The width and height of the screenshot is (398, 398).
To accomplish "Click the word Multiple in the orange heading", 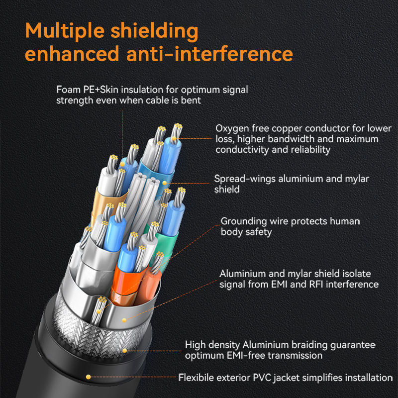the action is click(x=65, y=31).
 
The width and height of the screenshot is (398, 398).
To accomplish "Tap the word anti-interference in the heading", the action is click(x=209, y=54).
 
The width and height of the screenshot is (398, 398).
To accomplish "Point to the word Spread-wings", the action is click(x=245, y=179).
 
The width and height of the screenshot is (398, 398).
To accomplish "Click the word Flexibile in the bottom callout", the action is click(x=196, y=378).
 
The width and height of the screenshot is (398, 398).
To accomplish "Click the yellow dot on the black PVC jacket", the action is click(x=89, y=377).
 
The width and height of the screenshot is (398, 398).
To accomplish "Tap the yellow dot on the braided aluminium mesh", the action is click(x=125, y=351).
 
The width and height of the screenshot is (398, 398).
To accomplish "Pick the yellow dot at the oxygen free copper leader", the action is click(x=174, y=139).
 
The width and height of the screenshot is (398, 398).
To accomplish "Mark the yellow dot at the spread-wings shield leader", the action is click(x=165, y=183).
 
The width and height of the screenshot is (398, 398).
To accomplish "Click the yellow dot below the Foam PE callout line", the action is click(x=122, y=164).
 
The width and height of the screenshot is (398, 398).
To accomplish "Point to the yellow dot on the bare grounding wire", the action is click(x=99, y=311).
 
